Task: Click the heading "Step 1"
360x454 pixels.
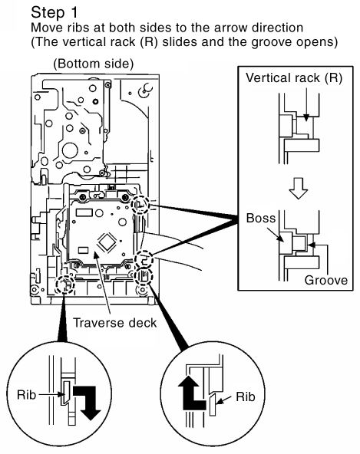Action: [54, 13]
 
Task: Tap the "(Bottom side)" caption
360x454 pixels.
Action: [94, 64]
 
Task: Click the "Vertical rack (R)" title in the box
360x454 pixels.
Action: [294, 78]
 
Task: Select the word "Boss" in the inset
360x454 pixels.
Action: [260, 218]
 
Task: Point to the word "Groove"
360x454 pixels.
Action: [325, 280]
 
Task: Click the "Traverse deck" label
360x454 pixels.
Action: [114, 323]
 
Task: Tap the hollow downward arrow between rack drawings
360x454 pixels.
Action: [299, 188]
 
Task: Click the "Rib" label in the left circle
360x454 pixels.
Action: [26, 395]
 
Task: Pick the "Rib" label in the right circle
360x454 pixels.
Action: [246, 396]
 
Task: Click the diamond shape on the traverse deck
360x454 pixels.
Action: [107, 242]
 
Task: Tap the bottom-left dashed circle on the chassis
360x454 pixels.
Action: [65, 284]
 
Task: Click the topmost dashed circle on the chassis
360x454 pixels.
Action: [140, 205]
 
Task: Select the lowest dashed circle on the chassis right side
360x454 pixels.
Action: [144, 276]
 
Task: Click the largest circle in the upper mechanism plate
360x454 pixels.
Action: [70, 150]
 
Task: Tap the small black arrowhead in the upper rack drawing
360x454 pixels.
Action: [306, 118]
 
